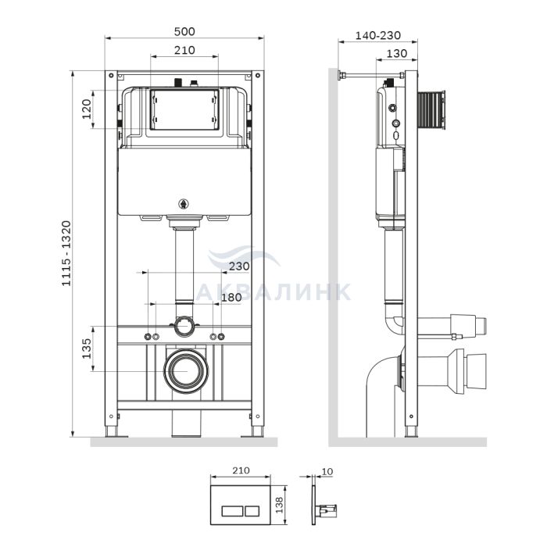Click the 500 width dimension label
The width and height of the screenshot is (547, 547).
click(x=184, y=31)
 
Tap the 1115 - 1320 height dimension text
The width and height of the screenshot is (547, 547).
click(x=66, y=253)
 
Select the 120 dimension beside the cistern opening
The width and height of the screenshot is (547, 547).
click(x=87, y=109)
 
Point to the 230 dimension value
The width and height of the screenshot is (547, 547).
click(x=239, y=266)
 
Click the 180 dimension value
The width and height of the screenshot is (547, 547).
click(x=231, y=297)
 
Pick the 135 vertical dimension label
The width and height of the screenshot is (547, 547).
click(x=87, y=349)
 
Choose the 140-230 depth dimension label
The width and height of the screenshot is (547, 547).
click(x=377, y=35)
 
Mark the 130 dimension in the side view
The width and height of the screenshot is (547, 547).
click(x=397, y=53)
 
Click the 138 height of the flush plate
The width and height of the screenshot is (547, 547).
click(x=280, y=505)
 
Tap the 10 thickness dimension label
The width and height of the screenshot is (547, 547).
click(x=327, y=471)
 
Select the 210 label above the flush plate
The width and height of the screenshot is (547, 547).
click(x=241, y=470)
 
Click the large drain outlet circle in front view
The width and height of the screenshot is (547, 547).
click(x=186, y=370)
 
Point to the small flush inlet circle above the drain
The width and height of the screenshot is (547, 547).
click(x=184, y=326)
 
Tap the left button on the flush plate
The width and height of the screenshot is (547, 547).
click(x=232, y=511)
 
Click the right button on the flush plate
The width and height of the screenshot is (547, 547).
click(x=252, y=511)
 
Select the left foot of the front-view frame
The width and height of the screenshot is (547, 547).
click(x=112, y=431)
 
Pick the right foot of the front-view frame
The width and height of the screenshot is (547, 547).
click(x=257, y=431)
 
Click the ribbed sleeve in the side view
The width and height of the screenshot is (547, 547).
click(x=431, y=109)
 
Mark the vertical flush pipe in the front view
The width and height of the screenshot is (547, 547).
click(x=184, y=265)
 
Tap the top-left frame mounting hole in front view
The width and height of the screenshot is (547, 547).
click(x=111, y=75)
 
